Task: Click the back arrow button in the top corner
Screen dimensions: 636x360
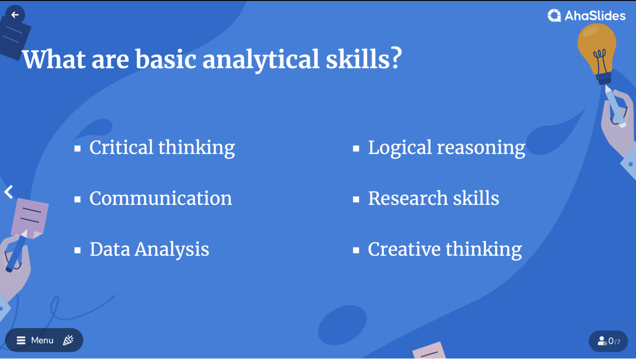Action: coord(15,15)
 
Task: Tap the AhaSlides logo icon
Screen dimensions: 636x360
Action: coord(554,15)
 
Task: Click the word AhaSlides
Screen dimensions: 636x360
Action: coord(595,16)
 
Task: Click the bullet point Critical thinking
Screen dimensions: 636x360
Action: coord(162,148)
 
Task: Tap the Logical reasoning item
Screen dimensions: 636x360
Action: coord(446,148)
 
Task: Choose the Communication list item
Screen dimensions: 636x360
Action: coord(161,198)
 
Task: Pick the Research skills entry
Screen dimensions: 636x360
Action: coord(434,198)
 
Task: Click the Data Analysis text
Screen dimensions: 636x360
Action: coord(149,250)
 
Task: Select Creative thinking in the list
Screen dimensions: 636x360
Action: coord(445,250)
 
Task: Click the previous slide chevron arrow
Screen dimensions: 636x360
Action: coord(9,192)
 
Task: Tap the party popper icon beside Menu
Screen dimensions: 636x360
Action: coord(68,340)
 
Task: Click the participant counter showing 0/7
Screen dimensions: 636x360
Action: coord(608,341)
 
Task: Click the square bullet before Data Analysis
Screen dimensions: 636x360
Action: coord(77,250)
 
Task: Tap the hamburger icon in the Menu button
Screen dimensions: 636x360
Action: coord(21,340)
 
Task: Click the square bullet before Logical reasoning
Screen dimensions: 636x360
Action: coord(356,149)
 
